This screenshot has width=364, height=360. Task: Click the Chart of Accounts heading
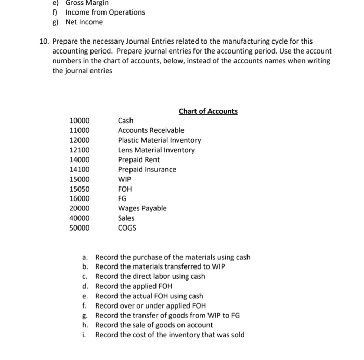coord(208,111)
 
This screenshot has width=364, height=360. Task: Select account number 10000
coord(80,121)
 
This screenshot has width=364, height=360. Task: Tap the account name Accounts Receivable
coord(151,130)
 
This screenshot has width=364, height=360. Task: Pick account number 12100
coord(80,150)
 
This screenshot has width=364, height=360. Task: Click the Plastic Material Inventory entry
coord(159,140)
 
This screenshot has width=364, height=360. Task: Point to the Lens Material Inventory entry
coord(156,150)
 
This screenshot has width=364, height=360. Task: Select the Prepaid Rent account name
coord(139,159)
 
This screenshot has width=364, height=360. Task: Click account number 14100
coord(80,169)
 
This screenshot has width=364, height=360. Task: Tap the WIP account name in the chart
coord(124,179)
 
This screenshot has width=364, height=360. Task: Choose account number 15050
coord(80,189)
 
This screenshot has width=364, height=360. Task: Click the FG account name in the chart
coord(122,198)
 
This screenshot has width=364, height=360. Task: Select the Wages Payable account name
coord(142,208)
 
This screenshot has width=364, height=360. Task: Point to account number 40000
coord(80,218)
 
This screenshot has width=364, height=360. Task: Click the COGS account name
coord(127,228)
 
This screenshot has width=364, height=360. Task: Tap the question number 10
coord(44,41)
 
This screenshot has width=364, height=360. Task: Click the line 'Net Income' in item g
coord(84,22)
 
